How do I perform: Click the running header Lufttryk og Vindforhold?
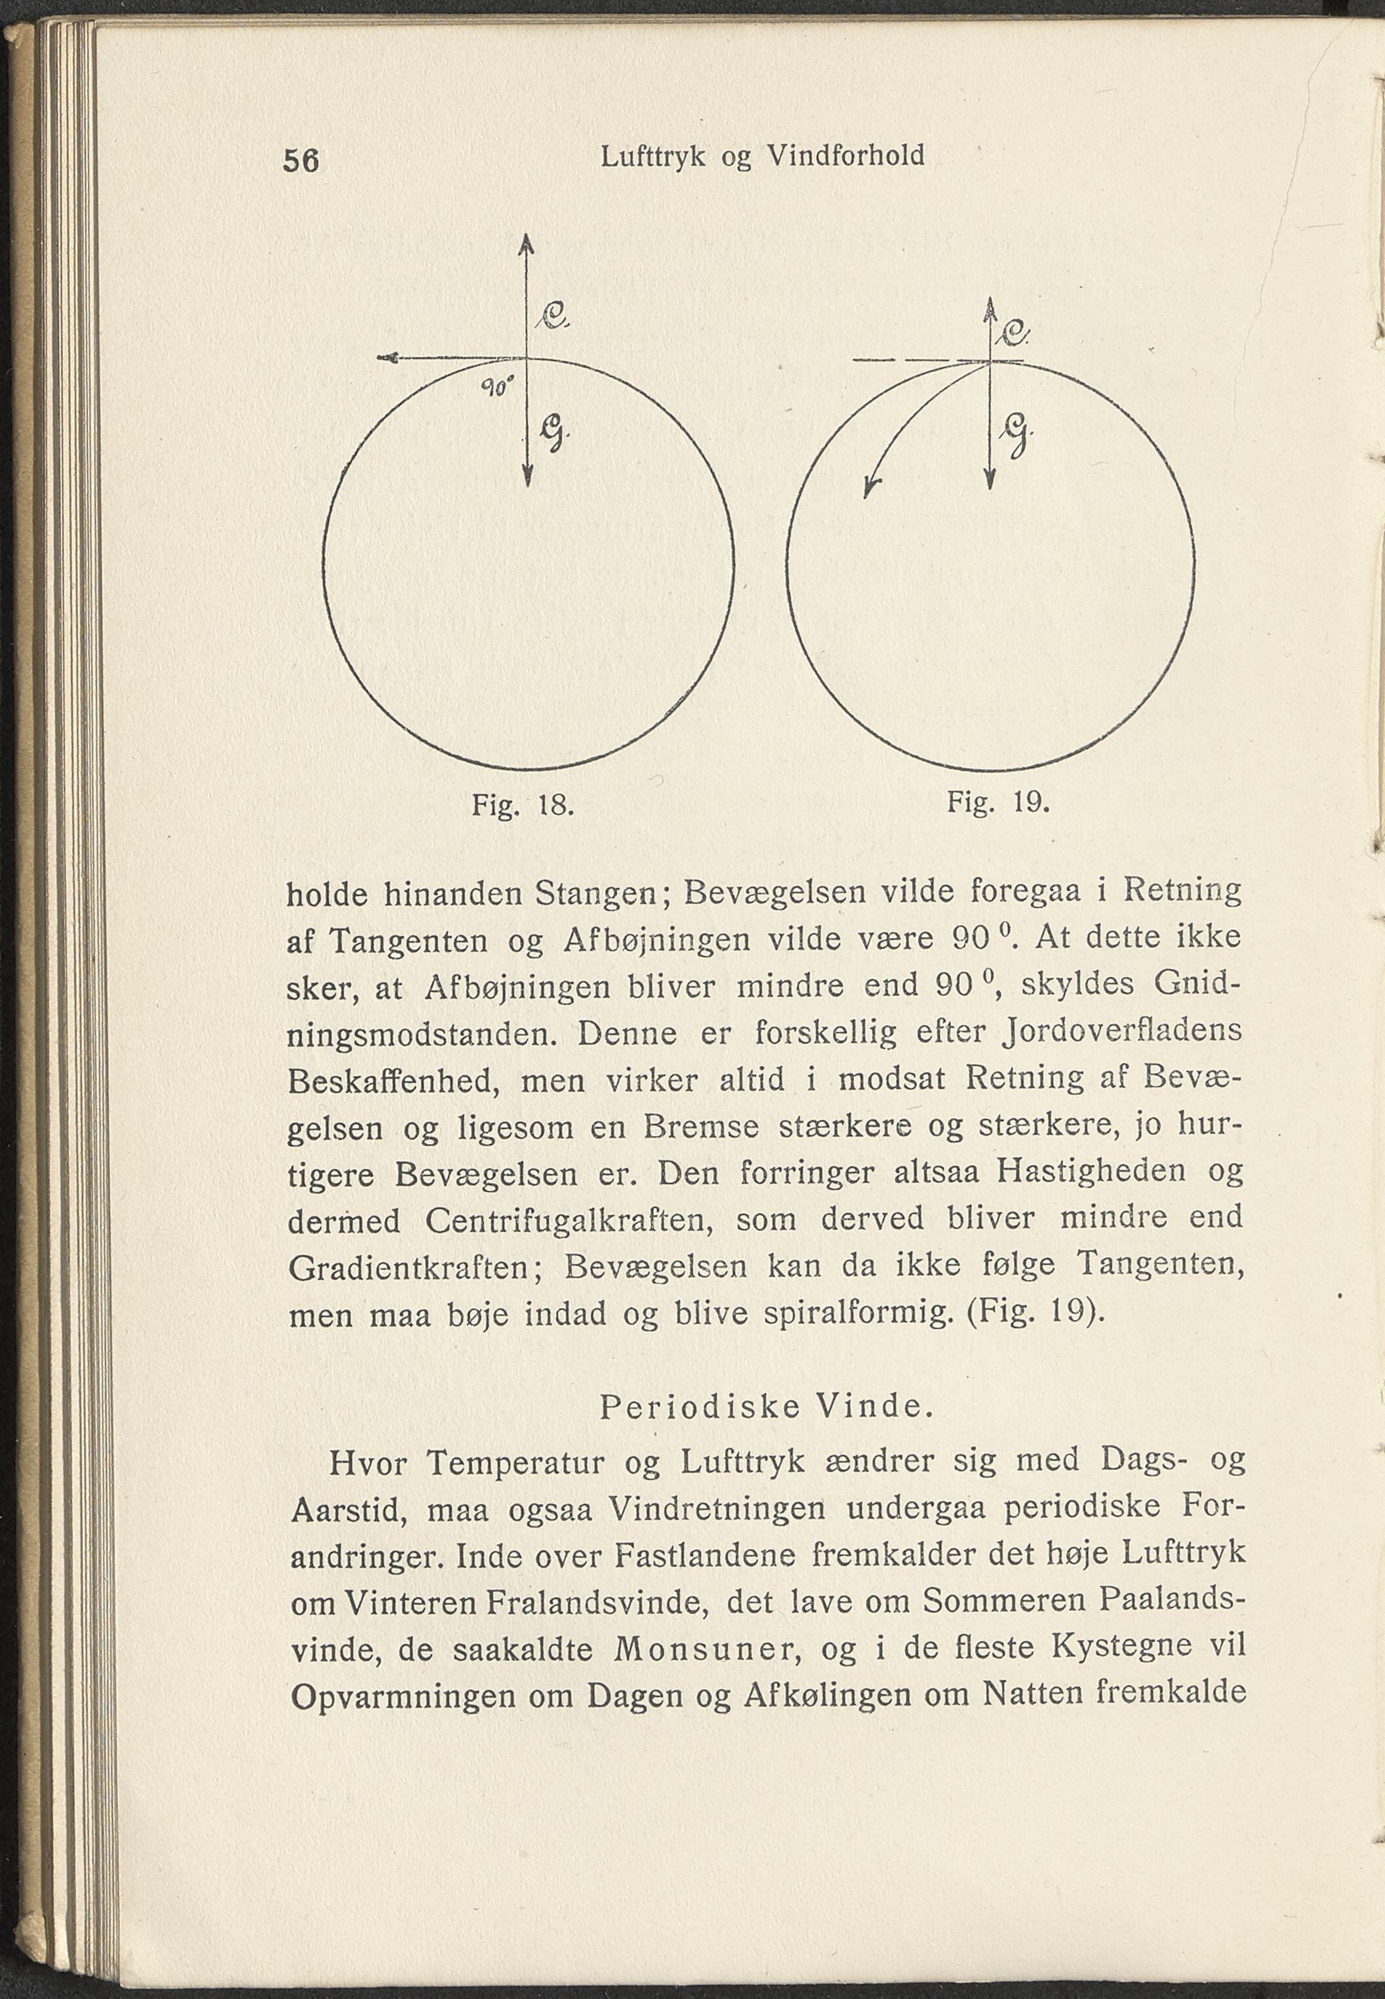[x=762, y=156]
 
